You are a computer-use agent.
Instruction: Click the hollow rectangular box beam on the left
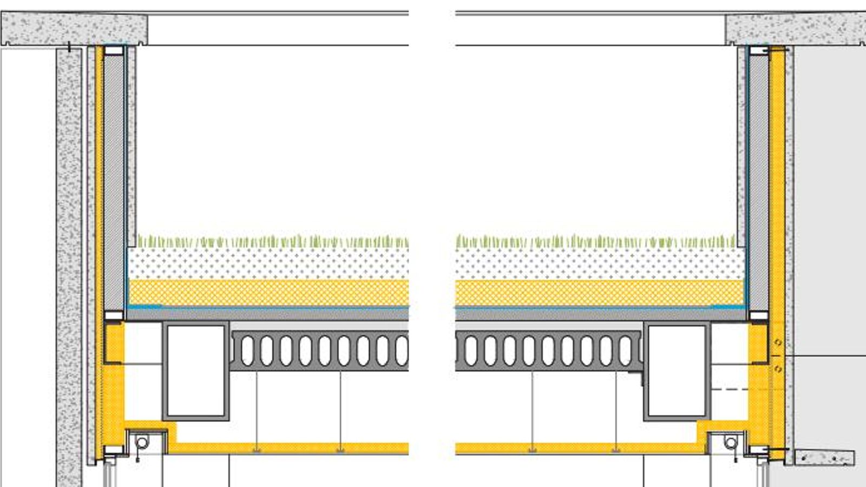pyautogui.click(x=196, y=371)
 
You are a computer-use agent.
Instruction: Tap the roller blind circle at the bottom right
pyautogui.click(x=731, y=443)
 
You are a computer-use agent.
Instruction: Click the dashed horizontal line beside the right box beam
pyautogui.click(x=731, y=389)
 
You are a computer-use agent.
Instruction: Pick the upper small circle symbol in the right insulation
pyautogui.click(x=778, y=343)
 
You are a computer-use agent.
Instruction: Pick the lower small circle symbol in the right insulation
pyautogui.click(x=778, y=369)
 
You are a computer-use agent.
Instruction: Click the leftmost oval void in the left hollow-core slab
pyautogui.click(x=247, y=350)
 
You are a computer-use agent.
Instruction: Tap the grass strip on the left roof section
pyautogui.click(x=271, y=241)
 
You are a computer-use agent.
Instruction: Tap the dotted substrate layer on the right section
pyautogui.click(x=595, y=264)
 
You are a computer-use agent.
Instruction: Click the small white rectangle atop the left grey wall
pyautogui.click(x=114, y=50)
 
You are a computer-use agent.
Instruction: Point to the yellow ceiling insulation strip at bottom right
pyautogui.click(x=574, y=448)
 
